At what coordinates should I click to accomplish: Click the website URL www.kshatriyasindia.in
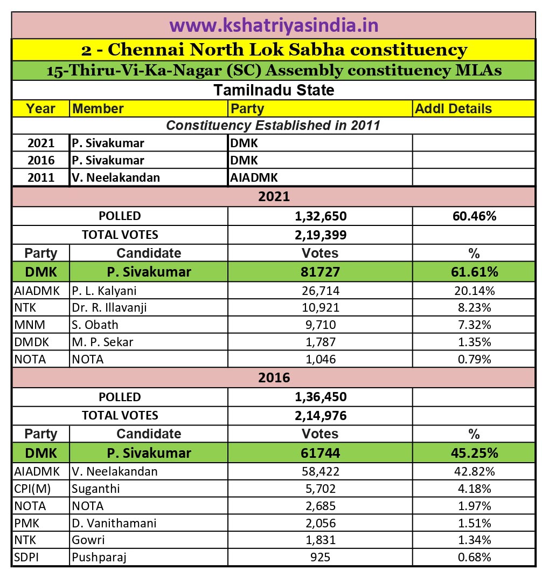coord(274,25)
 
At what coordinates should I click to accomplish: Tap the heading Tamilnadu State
coord(274,90)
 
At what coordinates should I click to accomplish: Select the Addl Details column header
coord(453,108)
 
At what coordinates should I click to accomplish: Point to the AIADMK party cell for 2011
coord(254,177)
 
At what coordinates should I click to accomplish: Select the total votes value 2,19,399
coord(320,235)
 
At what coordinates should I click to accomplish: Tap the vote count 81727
coord(320,272)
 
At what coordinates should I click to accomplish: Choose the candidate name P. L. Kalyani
coord(104,291)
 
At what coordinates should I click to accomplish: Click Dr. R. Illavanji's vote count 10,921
coord(320,308)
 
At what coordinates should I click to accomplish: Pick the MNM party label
coord(26,325)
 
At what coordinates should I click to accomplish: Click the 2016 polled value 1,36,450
coord(320,397)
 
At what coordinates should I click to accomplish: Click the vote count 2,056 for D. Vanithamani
coord(320,523)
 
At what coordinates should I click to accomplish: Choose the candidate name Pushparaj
coord(98,557)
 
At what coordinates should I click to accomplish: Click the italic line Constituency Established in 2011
coord(273,126)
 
